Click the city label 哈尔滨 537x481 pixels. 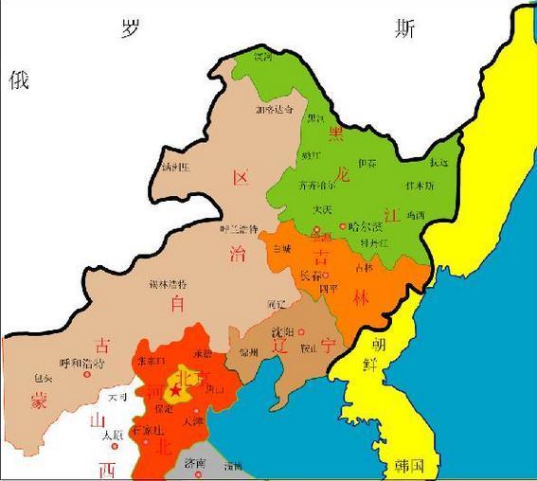366,226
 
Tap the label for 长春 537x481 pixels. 310,276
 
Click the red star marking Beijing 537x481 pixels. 174,389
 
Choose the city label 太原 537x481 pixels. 111,435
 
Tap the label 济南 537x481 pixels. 195,463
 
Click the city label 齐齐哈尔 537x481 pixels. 317,186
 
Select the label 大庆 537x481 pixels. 322,209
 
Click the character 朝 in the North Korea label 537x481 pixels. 377,342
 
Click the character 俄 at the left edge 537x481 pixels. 19,80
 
